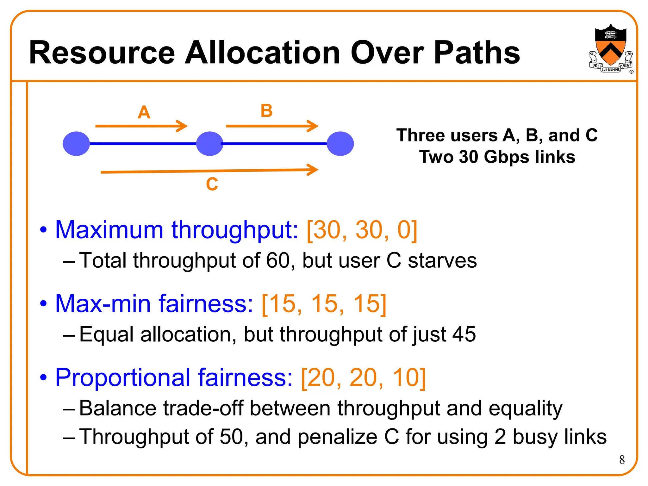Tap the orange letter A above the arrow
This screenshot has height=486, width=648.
click(144, 112)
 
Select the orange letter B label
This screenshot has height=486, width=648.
click(266, 111)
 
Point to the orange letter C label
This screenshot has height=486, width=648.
click(212, 184)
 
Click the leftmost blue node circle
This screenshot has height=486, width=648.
click(76, 144)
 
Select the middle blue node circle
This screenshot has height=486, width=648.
click(209, 144)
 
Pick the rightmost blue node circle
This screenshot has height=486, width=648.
click(340, 144)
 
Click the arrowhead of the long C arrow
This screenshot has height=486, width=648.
click(313, 170)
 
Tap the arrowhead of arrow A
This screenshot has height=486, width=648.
click(183, 126)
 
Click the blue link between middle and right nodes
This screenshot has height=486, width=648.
click(275, 144)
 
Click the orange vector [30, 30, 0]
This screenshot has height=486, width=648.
click(362, 230)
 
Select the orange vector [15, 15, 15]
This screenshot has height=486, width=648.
click(324, 304)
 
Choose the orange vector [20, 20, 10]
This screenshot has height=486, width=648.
click(363, 378)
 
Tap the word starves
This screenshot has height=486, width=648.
click(442, 261)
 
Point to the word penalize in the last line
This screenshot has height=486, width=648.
click(338, 437)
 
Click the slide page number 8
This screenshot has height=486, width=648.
click(622, 460)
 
